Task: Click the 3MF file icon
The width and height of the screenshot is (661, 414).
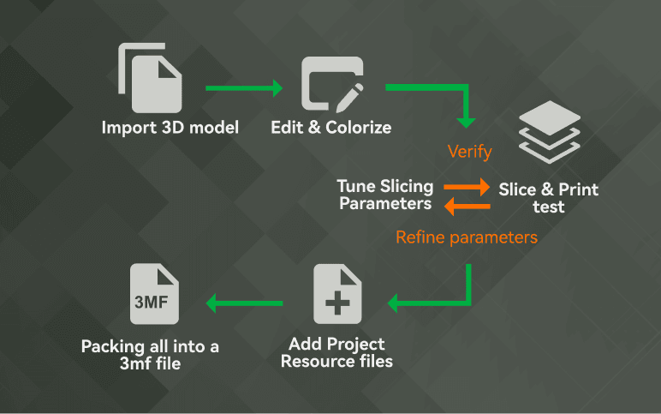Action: coord(154,293)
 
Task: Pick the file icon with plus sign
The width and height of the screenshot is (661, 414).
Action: coord(337,294)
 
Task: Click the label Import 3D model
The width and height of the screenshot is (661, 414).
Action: coord(170,128)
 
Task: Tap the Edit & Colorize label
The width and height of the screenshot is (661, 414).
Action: coord(331,128)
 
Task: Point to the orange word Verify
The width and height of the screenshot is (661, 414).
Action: coord(469,153)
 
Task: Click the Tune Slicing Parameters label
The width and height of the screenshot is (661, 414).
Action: coord(385,195)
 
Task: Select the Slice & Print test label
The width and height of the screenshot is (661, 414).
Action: coord(549,196)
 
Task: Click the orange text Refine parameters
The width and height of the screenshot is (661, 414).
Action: coord(466,237)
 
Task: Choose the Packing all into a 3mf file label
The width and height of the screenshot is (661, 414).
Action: coord(151,354)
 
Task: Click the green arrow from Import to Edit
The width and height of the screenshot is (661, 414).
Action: coord(243,87)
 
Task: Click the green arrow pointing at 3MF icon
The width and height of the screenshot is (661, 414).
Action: coord(244,302)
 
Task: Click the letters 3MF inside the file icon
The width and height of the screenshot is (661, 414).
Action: coord(152,302)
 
